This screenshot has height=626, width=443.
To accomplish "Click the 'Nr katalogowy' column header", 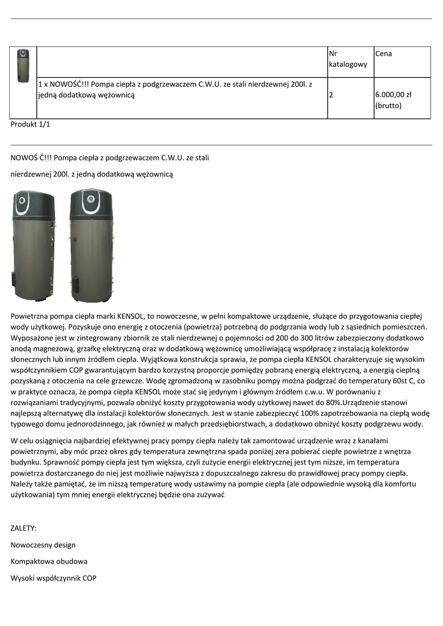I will point(348,59).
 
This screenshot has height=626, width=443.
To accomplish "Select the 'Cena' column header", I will point(384,54).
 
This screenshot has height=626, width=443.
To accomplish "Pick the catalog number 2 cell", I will point(331,95).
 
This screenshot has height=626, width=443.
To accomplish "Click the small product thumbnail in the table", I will point(23,65).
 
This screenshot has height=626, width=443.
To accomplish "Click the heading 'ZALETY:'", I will point(24,528).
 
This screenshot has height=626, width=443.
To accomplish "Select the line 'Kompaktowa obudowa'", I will point(49,561).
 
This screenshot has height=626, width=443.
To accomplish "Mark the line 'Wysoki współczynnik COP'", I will point(53,578).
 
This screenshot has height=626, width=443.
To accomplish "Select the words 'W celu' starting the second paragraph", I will point(22,441).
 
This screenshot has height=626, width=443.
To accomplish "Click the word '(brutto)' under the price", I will point(388,106).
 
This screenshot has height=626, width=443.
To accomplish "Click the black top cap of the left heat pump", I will point(34,199).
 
